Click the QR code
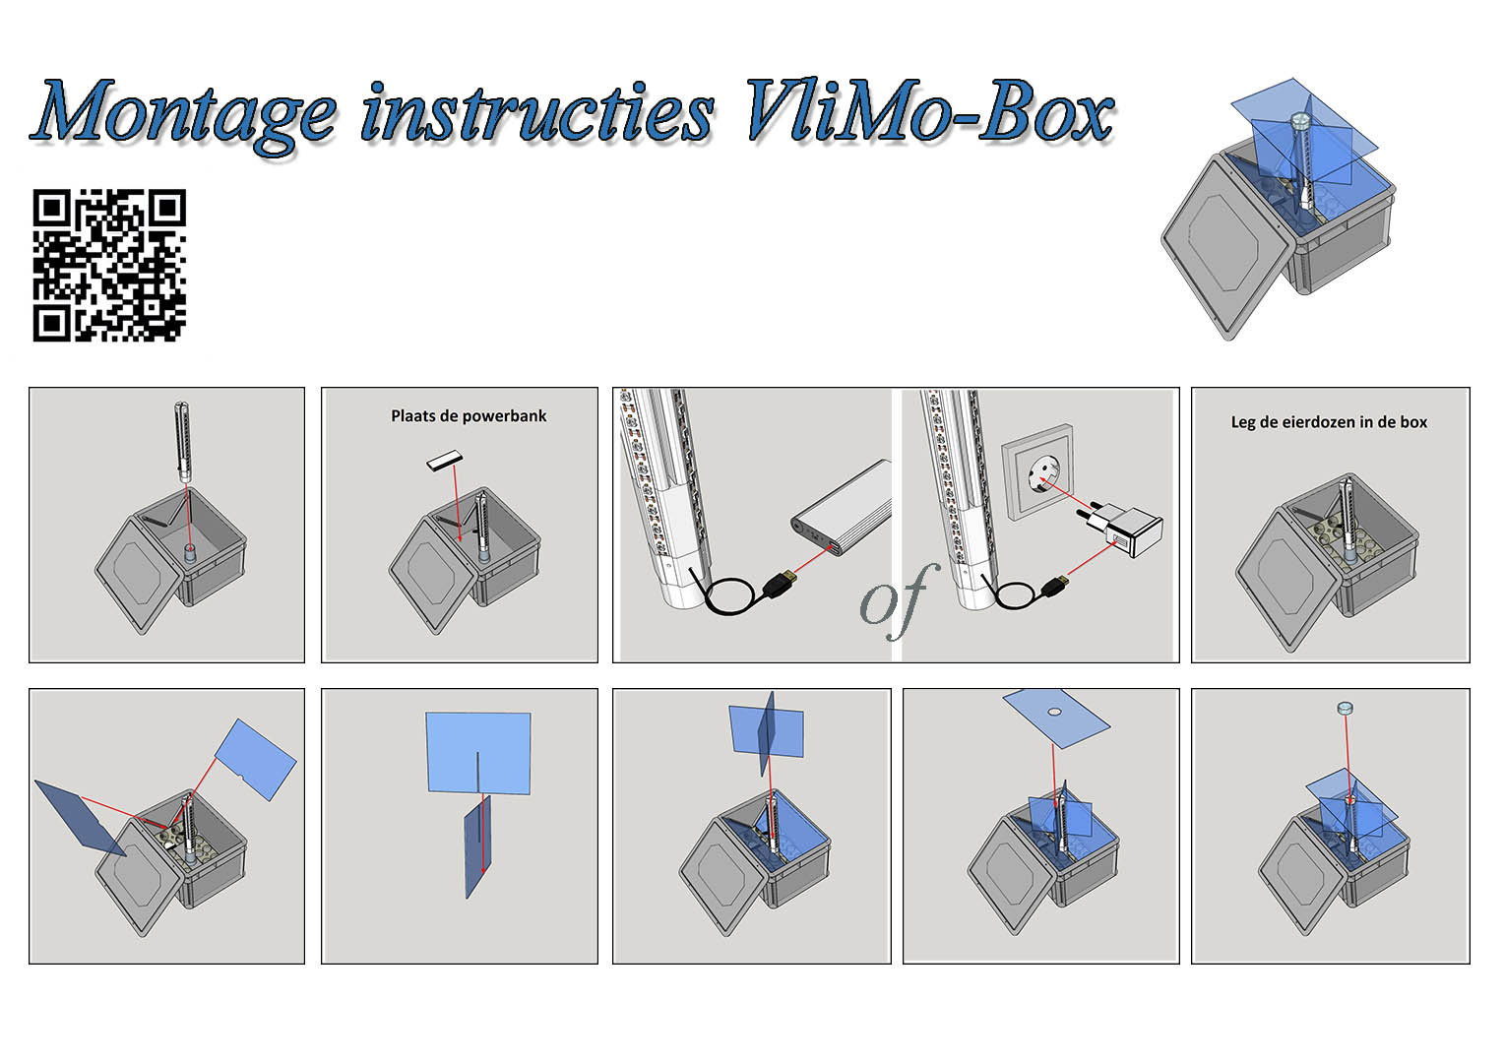(x=109, y=266)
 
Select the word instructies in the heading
(x=537, y=112)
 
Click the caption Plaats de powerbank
(x=469, y=416)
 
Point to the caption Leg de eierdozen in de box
(x=1329, y=422)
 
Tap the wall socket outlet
(x=1037, y=472)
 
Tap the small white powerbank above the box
(x=445, y=461)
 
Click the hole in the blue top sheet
(x=1055, y=712)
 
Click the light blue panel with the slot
(x=478, y=753)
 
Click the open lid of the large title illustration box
(x=1226, y=247)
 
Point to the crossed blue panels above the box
(x=766, y=732)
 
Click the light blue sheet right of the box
(x=255, y=760)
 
